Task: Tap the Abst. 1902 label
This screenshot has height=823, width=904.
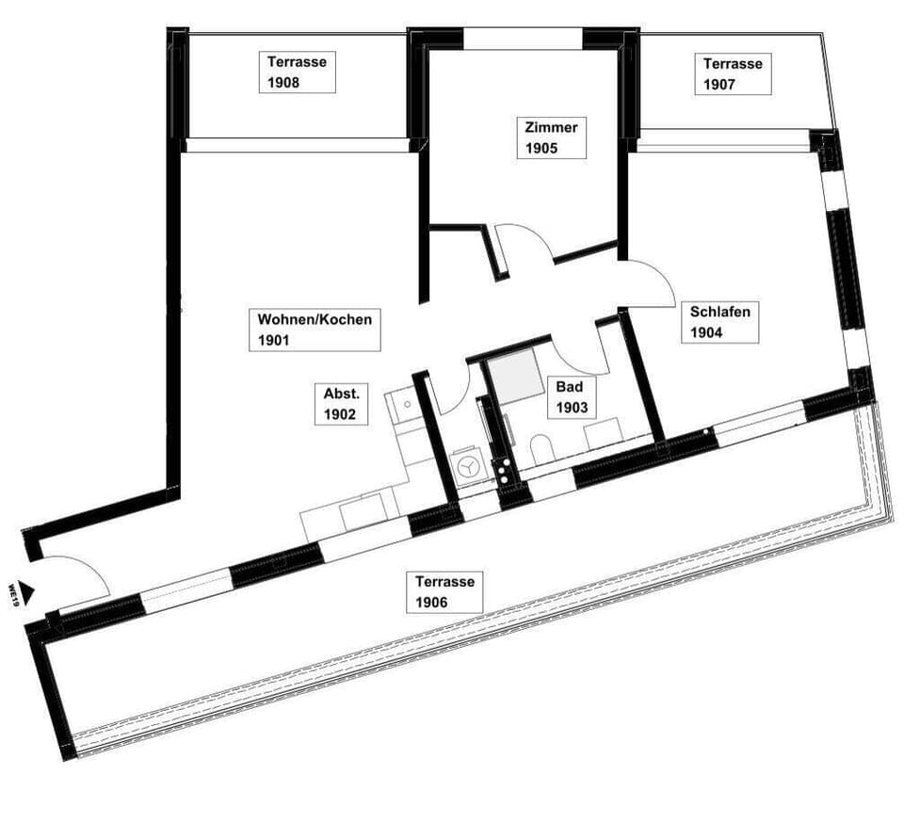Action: click(340, 404)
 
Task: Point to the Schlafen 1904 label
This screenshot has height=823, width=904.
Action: click(719, 321)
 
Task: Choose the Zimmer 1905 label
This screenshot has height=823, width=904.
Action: click(551, 137)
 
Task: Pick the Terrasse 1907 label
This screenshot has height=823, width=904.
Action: click(733, 74)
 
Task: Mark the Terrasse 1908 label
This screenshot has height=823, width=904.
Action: click(297, 73)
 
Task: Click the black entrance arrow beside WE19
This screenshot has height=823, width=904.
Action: click(31, 592)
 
